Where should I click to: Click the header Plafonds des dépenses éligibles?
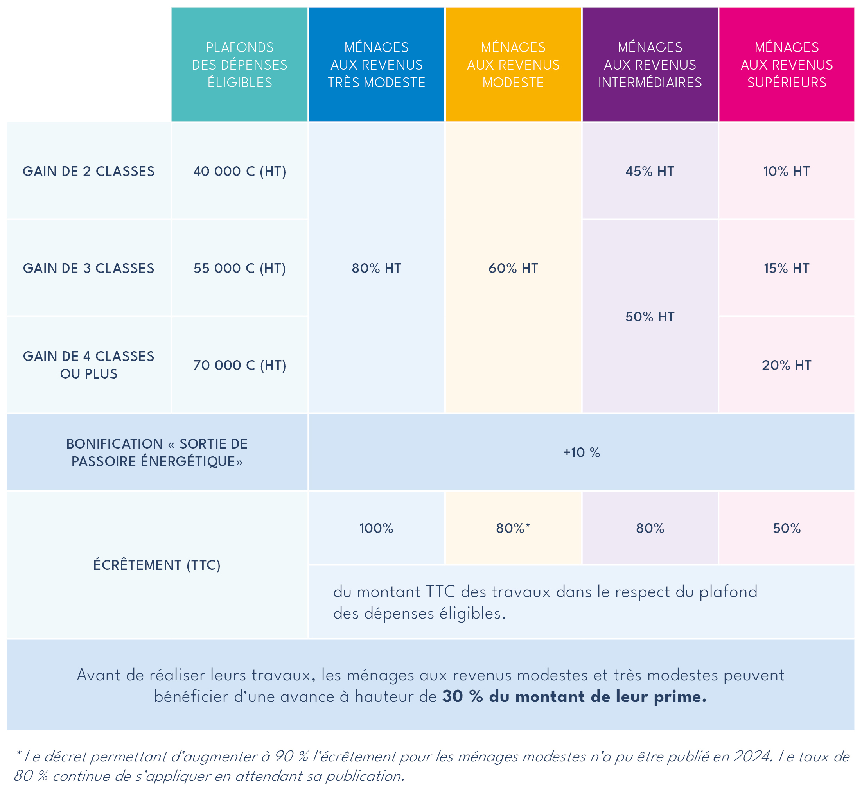(239, 65)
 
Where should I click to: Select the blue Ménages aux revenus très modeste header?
(376, 65)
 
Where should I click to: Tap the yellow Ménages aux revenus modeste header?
(513, 65)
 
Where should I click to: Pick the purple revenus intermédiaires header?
(650, 65)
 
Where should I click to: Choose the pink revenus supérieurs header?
(787, 65)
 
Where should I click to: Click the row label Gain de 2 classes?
(88, 171)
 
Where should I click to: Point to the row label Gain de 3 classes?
(88, 268)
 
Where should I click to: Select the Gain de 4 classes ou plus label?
(88, 365)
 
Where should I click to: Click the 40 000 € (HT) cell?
(239, 171)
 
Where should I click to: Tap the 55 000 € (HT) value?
(239, 268)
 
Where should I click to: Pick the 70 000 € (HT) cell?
(239, 365)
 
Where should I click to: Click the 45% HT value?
(650, 171)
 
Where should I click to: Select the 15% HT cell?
(787, 268)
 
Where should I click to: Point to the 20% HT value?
(787, 365)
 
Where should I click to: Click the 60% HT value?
(513, 268)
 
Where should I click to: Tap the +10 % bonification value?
(581, 452)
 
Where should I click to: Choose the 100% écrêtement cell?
(376, 528)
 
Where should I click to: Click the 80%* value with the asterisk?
(513, 528)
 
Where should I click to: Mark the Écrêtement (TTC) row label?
(157, 565)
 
